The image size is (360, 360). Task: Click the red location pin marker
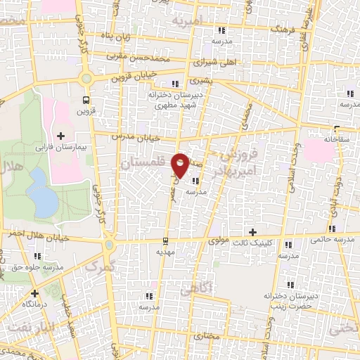(180, 165)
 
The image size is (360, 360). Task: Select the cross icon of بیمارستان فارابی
(60, 136)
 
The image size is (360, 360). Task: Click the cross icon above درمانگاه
(34, 292)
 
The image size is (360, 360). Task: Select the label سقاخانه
(337, 139)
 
